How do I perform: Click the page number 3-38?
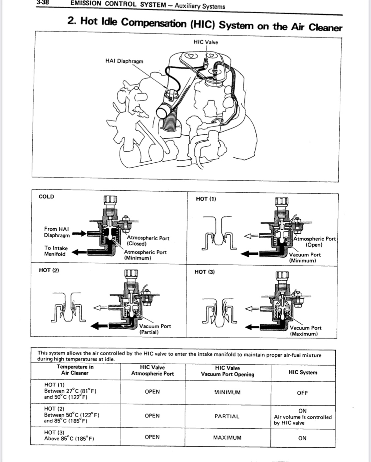coord(43,3)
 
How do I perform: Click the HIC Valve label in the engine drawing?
coord(205,42)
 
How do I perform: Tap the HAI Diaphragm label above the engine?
coord(124,61)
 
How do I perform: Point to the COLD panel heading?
coord(46,197)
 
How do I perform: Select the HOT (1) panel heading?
coord(206,199)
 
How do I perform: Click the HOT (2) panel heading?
coord(49,270)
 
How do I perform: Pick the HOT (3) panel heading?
coord(204,272)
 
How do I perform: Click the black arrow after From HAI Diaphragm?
coord(79,233)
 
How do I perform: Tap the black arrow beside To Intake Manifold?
coord(79,252)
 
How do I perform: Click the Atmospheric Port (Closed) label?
coord(148,241)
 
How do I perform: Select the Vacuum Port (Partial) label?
coord(155,329)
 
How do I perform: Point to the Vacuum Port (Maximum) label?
coord(305,331)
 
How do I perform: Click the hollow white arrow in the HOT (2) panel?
coord(100,308)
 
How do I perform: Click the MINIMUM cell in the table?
coord(227,392)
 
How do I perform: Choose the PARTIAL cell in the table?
coord(227,416)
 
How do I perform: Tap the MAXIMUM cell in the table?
coord(227,438)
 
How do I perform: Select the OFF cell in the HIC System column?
coord(302,393)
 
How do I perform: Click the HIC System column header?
coord(303,373)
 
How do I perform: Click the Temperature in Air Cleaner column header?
coord(75,370)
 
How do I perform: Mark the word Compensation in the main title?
coord(154,23)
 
